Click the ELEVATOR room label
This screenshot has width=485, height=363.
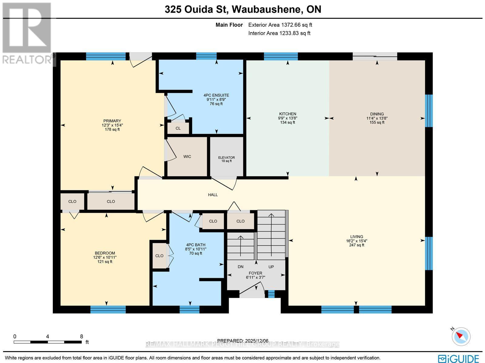click(x=226, y=158)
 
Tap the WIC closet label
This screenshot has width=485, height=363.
click(x=187, y=157)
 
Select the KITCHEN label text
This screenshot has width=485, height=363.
click(x=288, y=114)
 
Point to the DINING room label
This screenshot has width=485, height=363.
click(x=377, y=114)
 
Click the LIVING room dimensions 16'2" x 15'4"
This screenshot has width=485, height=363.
click(x=356, y=241)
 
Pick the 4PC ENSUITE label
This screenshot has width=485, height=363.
click(x=216, y=95)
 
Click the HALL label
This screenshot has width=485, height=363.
click(x=213, y=195)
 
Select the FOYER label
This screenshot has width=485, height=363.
click(x=256, y=273)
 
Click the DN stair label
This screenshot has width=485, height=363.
click(x=240, y=267)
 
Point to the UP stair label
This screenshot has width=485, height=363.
click(x=271, y=267)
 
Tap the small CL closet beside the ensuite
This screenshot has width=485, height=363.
click(x=178, y=128)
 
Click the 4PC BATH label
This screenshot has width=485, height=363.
click(x=196, y=245)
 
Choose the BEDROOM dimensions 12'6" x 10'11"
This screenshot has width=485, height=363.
click(x=105, y=257)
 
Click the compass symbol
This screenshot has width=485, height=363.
click(x=461, y=336)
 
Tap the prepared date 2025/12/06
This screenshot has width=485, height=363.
click(x=257, y=341)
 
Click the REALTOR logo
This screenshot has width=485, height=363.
click(x=27, y=33)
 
